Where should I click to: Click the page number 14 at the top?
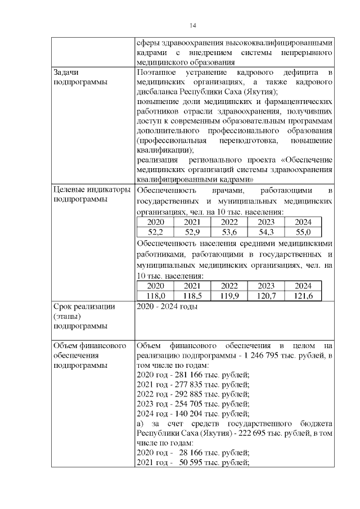193,25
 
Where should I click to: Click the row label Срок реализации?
84,307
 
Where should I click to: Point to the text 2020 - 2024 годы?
167,307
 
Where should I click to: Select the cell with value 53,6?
229,232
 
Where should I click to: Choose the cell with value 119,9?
229,295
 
